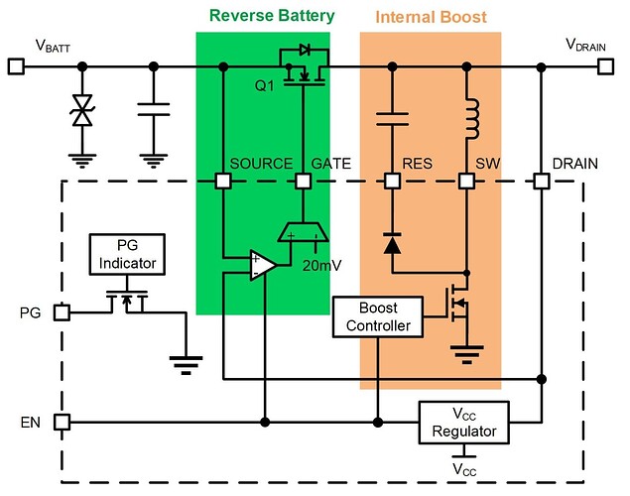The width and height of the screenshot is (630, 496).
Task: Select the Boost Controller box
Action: (378, 316)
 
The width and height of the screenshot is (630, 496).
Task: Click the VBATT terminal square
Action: (16, 66)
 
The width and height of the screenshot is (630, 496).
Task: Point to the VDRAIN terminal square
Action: (605, 66)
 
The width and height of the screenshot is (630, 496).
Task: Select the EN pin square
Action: (62, 422)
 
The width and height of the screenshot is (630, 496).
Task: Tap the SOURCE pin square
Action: (224, 182)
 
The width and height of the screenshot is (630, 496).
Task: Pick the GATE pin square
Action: (303, 182)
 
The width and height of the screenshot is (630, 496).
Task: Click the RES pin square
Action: (392, 182)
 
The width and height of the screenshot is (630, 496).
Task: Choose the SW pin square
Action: (465, 182)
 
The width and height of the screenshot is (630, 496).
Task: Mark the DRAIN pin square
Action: (542, 182)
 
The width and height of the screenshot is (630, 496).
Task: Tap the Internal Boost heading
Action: (430, 16)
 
